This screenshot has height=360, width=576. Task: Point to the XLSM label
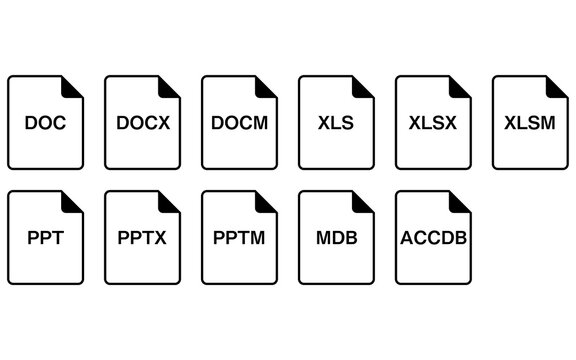tap(528, 124)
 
